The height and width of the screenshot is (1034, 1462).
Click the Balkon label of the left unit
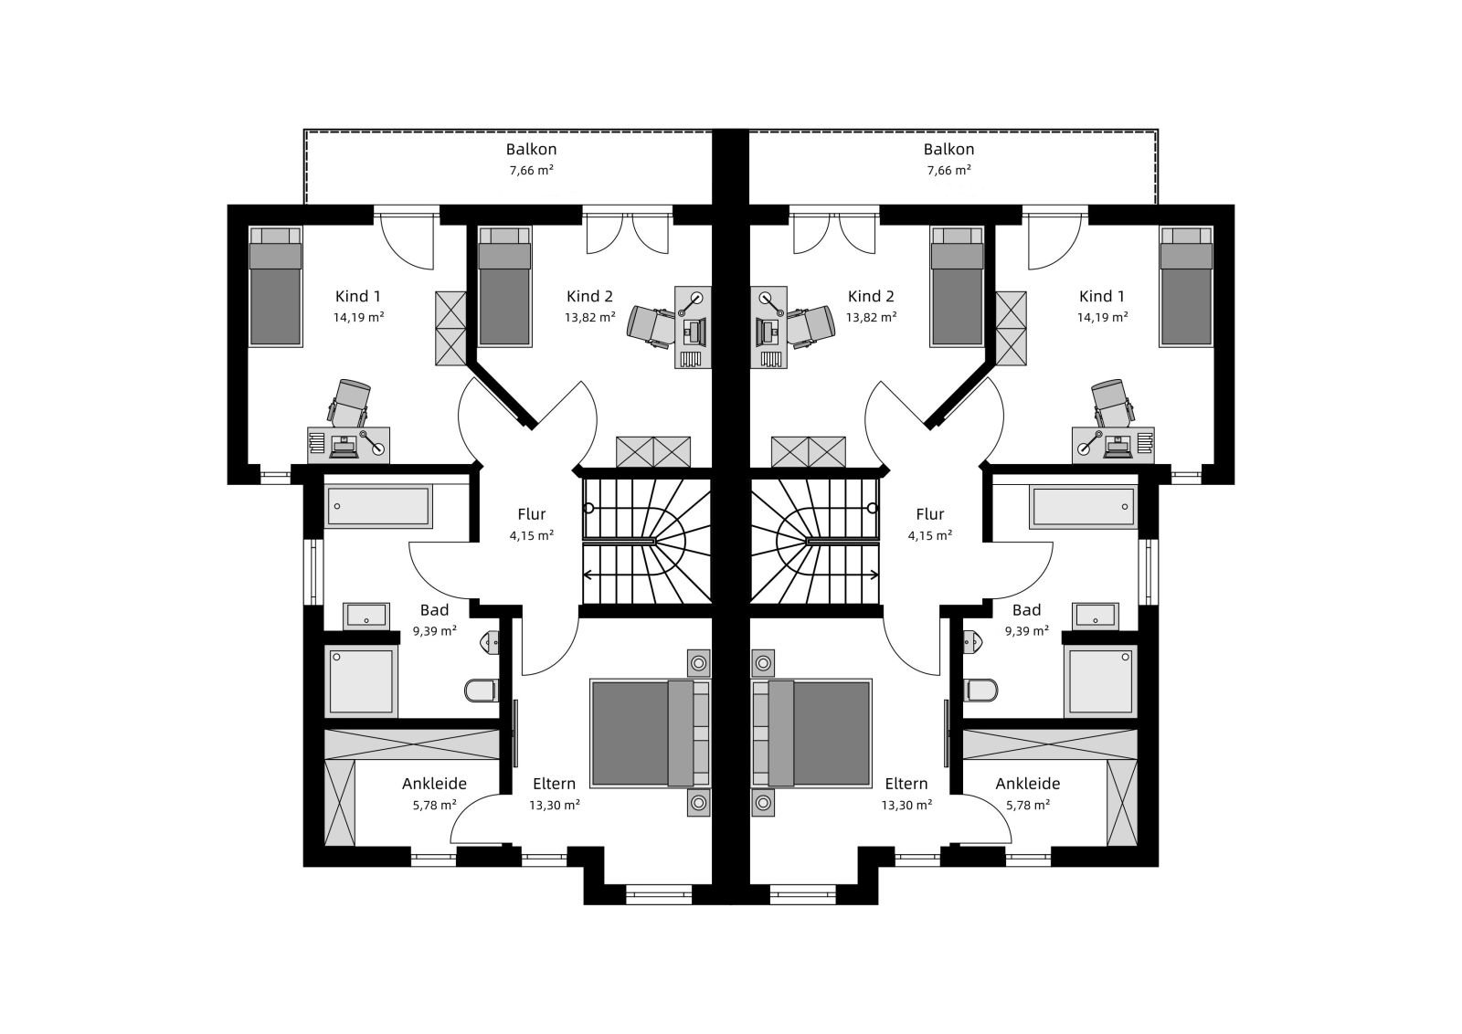[531, 150]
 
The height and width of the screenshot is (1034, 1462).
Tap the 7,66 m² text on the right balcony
[949, 170]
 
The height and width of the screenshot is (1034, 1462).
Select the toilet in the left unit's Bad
[482, 690]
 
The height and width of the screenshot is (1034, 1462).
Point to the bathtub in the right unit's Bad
[1083, 506]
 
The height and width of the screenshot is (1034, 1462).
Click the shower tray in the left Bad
[362, 681]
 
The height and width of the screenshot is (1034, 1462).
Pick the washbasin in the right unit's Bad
[1096, 616]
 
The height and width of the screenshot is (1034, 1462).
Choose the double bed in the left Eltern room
[650, 733]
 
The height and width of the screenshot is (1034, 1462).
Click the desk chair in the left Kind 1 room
[350, 404]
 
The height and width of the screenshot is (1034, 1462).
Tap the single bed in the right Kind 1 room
[1186, 287]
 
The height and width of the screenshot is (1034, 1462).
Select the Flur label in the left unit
[531, 514]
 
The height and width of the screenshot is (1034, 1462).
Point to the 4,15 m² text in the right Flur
[929, 535]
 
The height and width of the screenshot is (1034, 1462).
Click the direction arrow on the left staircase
[647, 575]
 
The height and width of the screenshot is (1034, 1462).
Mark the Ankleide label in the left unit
[434, 784]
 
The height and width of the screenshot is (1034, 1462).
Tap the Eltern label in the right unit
[906, 784]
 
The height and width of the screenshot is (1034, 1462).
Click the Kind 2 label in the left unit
[589, 296]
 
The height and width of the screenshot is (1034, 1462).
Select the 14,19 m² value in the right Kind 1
[1102, 317]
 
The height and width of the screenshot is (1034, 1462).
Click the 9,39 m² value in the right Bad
[1027, 631]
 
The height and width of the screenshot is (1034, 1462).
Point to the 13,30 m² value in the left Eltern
[554, 805]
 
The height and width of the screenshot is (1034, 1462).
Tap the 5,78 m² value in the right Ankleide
[1027, 805]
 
